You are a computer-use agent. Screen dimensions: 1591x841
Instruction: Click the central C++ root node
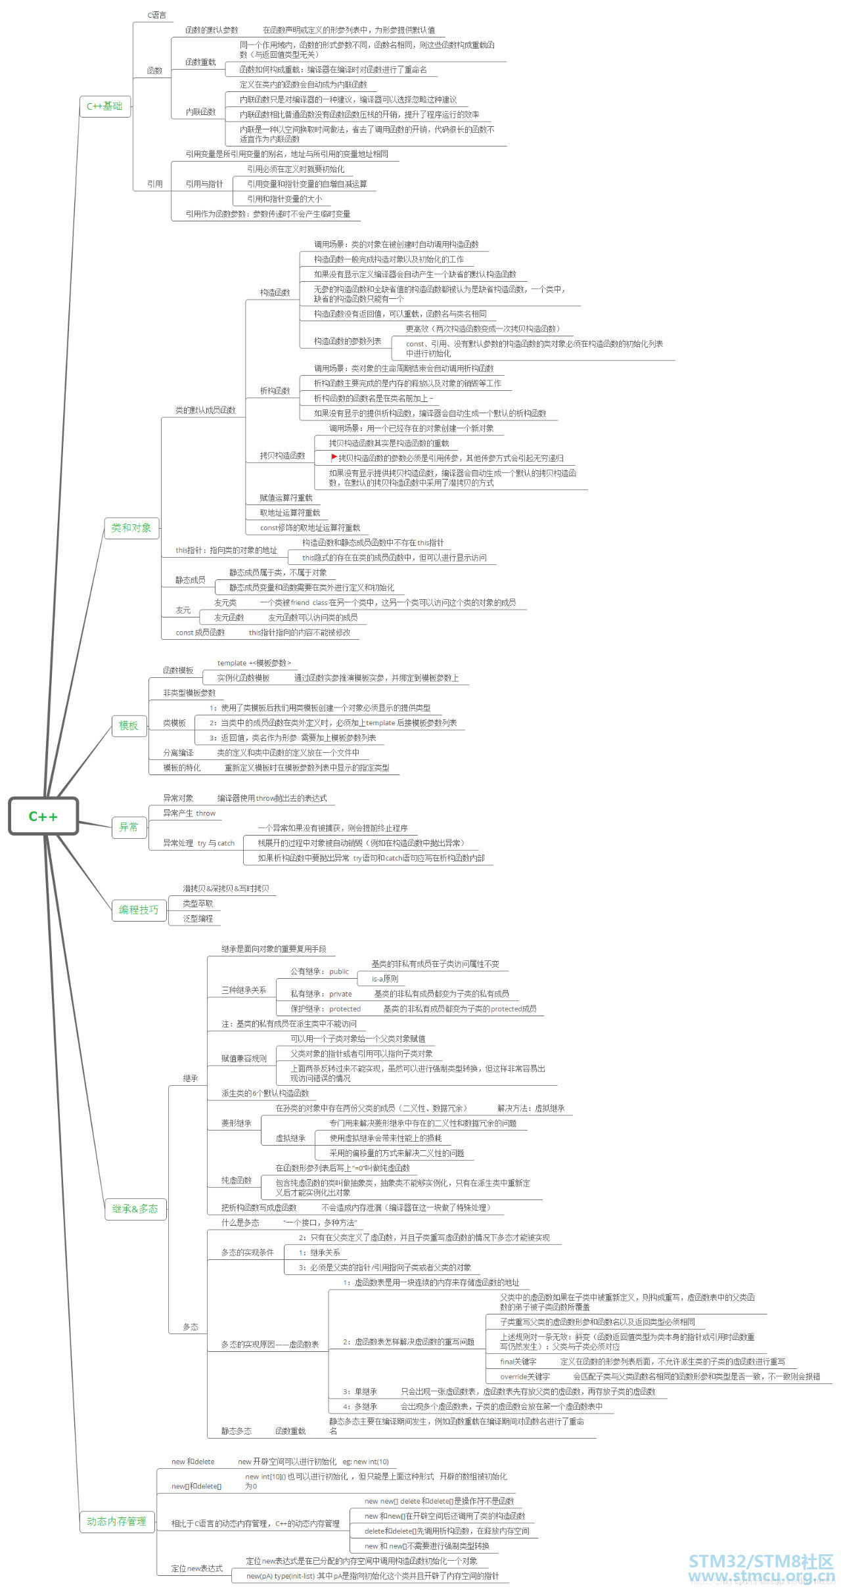[43, 817]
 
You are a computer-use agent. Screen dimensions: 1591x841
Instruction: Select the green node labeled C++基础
[104, 106]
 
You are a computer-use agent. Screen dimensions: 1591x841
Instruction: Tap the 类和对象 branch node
[131, 528]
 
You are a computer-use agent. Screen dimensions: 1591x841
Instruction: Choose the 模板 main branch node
[129, 726]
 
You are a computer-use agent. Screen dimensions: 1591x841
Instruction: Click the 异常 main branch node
[129, 828]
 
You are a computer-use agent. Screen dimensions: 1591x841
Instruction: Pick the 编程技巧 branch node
[139, 910]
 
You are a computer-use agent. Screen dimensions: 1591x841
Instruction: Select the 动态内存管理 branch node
[116, 1521]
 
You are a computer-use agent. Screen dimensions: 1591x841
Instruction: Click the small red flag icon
[334, 457]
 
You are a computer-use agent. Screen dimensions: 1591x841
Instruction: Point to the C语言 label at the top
[157, 15]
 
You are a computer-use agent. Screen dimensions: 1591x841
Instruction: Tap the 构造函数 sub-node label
[275, 292]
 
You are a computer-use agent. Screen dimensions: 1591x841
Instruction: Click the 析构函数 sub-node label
[275, 391]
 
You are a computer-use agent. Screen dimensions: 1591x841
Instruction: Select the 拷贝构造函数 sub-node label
[283, 456]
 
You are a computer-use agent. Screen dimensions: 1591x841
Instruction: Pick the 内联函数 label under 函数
[200, 112]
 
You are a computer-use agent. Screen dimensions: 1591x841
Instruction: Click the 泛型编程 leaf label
[198, 919]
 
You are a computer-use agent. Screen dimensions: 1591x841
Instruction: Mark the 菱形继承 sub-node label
[237, 1123]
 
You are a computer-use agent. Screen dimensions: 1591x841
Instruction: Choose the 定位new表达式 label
[197, 1569]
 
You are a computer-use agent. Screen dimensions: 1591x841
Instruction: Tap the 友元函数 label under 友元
[229, 617]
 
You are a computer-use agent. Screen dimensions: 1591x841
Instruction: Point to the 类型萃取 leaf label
[198, 904]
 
